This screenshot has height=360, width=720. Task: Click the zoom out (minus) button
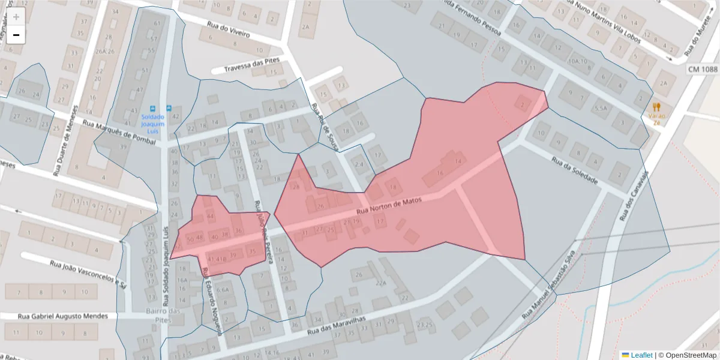tap(16, 35)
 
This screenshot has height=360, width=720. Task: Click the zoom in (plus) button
tap(16, 17)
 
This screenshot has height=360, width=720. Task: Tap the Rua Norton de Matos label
tap(389, 206)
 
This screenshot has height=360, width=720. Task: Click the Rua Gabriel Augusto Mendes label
tap(63, 316)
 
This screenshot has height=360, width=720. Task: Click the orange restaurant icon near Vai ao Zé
tap(656, 107)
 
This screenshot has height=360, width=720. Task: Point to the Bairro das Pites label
tap(163, 316)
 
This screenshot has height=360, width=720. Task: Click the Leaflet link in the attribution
tap(641, 355)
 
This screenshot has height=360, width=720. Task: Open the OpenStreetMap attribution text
tap(687, 355)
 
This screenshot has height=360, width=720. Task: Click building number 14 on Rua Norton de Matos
tap(459, 161)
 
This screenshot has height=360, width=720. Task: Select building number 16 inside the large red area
tap(440, 173)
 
